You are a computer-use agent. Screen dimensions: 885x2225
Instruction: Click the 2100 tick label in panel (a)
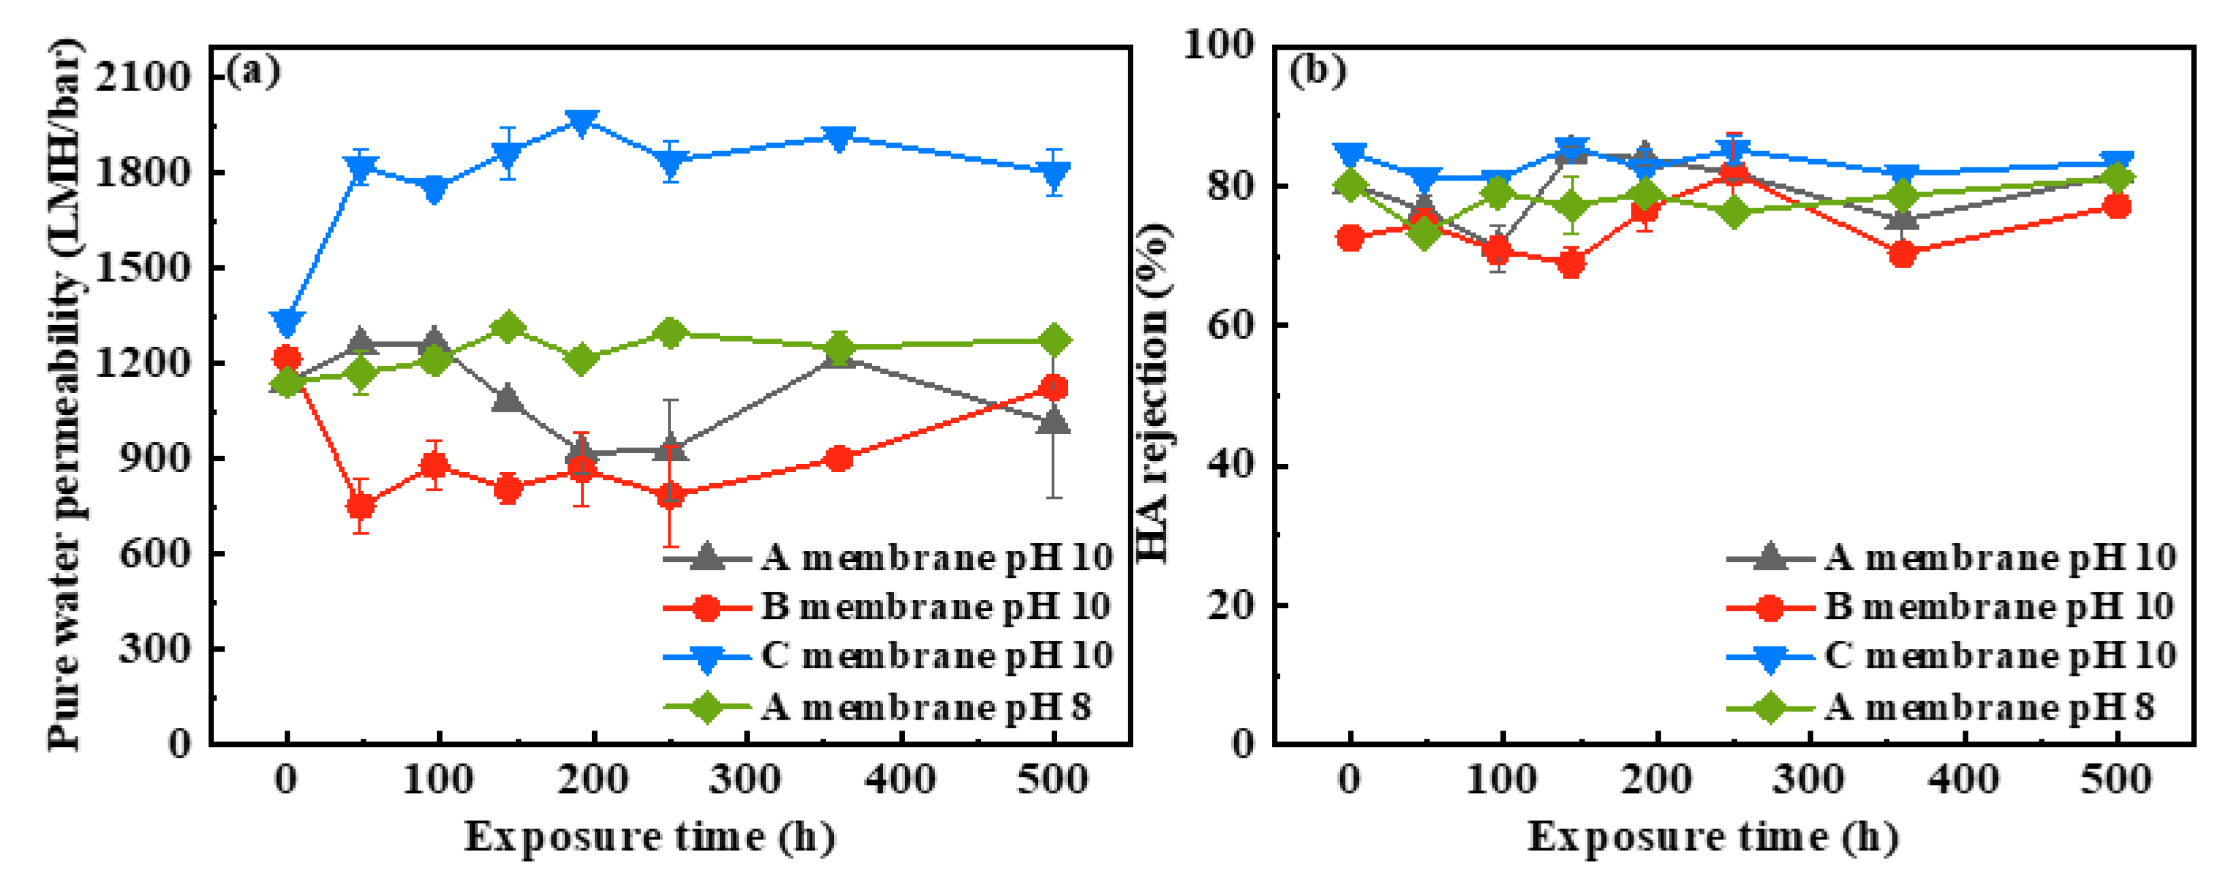143,77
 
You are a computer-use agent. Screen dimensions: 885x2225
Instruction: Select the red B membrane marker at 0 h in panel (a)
287,358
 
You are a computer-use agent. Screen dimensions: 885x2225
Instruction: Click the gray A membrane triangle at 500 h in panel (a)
1054,422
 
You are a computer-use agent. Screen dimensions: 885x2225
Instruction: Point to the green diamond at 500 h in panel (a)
1054,341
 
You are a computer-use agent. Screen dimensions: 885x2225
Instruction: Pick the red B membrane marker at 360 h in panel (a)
838,459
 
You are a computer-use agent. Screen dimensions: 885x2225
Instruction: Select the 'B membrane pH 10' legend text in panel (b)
1999,607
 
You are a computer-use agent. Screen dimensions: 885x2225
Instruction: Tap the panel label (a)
253,71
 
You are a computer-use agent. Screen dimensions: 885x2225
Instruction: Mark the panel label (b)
1317,71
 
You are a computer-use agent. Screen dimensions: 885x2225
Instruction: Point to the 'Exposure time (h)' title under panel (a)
649,837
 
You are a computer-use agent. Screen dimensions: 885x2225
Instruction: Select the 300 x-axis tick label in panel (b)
1809,780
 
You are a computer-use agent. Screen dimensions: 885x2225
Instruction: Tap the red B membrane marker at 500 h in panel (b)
2116,205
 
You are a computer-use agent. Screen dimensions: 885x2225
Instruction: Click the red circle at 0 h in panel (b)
1350,237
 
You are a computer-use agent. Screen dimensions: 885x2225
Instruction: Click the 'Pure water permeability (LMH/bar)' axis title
67,393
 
